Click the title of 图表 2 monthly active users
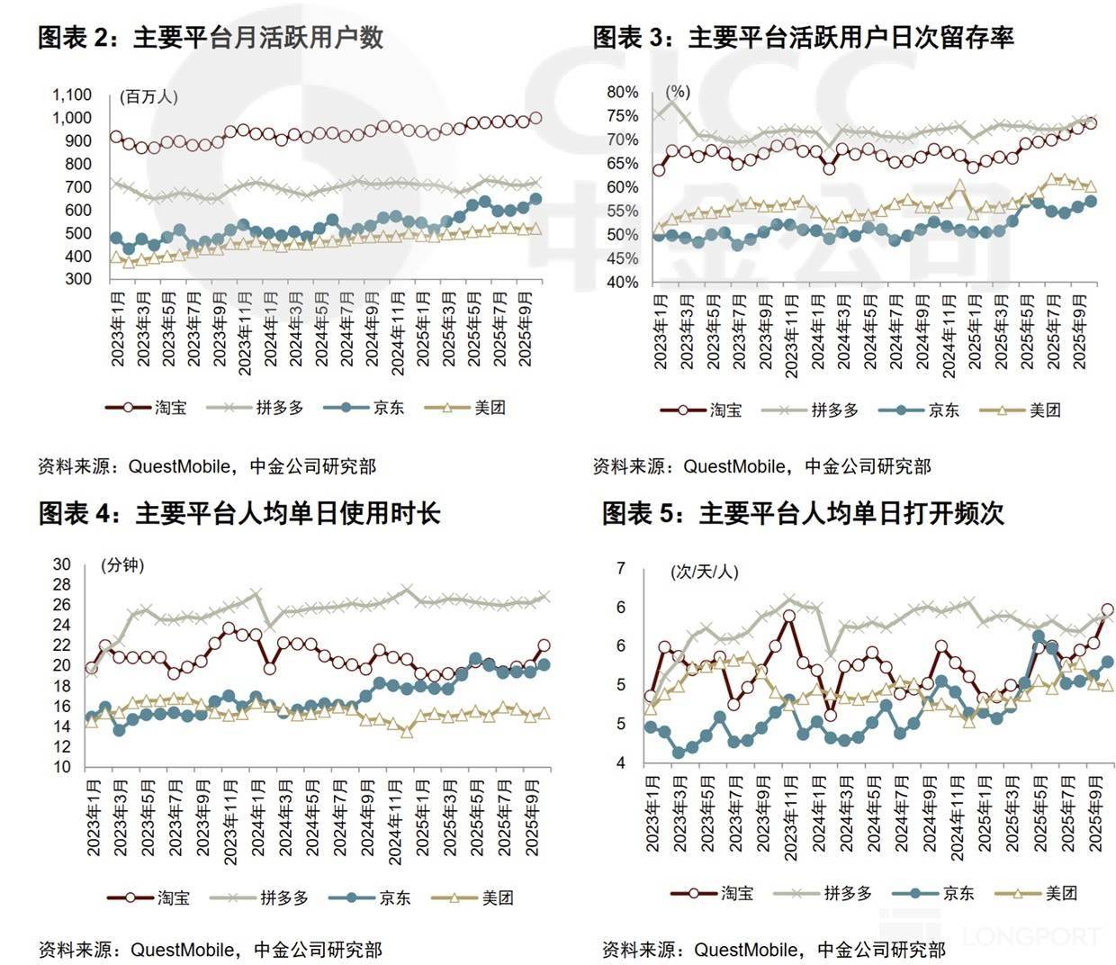coord(211,37)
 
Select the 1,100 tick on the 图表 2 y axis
coord(72,95)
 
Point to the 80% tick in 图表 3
coord(623,92)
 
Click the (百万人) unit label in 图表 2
coord(148,96)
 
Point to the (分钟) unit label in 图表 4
coord(122,565)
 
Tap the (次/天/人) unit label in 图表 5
coord(704,572)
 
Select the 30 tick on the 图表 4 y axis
coord(61,564)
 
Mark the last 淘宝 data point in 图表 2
coord(536,117)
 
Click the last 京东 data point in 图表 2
coord(536,199)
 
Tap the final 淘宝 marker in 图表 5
coord(1108,609)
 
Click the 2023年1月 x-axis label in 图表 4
coord(92,816)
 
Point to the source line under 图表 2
coord(207,466)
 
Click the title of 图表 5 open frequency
coord(803,513)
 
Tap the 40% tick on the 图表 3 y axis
coord(623,283)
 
